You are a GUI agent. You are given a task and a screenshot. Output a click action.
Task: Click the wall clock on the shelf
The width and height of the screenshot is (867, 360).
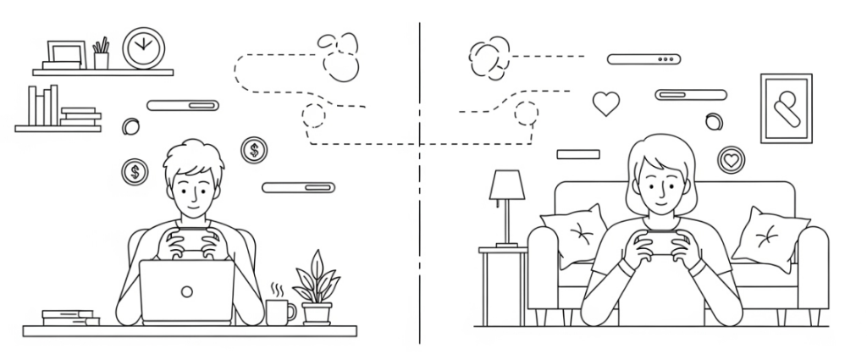pyautogui.click(x=142, y=47)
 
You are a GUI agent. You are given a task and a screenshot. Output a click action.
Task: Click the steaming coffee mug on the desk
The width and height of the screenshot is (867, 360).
pyautogui.click(x=279, y=311)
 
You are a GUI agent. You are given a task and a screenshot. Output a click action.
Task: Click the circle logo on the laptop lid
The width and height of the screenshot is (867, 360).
pyautogui.click(x=186, y=291)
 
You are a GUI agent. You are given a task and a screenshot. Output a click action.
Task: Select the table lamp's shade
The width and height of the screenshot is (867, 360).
pyautogui.click(x=507, y=186)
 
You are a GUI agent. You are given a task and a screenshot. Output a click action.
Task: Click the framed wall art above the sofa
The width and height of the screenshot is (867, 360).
pyautogui.click(x=786, y=108)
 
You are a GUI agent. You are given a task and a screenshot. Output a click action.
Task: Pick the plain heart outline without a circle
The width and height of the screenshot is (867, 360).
pyautogui.click(x=605, y=103)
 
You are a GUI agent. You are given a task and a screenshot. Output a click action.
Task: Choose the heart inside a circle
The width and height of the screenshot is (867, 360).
pyautogui.click(x=731, y=158)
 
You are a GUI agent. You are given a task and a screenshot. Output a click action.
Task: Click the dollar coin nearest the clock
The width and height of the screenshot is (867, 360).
pyautogui.click(x=254, y=151)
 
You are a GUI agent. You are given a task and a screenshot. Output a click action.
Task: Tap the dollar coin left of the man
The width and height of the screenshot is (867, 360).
pyautogui.click(x=134, y=172)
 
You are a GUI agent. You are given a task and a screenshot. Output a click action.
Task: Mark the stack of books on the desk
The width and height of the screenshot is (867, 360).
pyautogui.click(x=70, y=318)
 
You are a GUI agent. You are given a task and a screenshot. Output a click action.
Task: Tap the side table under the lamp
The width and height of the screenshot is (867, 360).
pyautogui.click(x=503, y=284)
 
